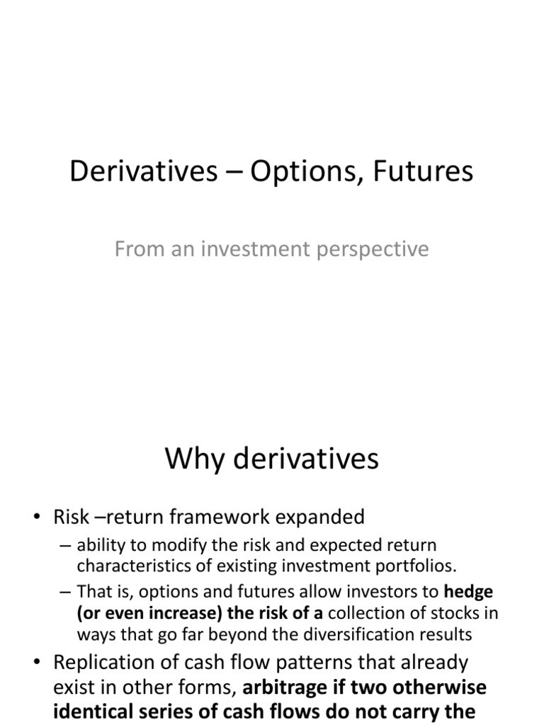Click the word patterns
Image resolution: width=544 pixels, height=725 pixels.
click(x=315, y=663)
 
